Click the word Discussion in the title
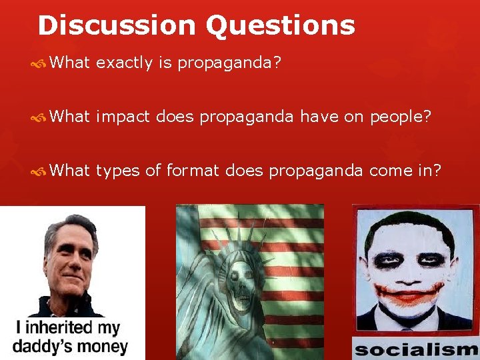point(117,25)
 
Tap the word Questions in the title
point(280,25)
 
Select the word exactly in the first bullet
point(125,64)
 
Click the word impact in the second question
point(123,117)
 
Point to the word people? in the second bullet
point(401,117)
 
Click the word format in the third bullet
point(193,171)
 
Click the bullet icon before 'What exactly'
point(39,64)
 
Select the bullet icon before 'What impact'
point(39,117)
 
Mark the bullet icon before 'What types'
point(39,171)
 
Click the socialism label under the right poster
point(416,349)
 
